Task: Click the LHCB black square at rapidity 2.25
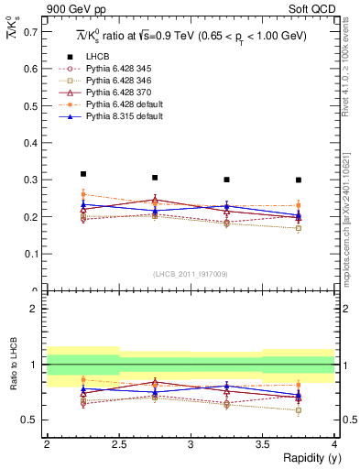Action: (83, 173)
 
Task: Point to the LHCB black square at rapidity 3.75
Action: (299, 180)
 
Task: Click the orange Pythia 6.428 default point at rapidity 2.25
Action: (83, 194)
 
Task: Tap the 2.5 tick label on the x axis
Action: (118, 444)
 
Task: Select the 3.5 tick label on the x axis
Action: (262, 444)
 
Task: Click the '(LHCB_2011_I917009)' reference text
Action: (191, 274)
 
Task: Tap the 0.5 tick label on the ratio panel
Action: (35, 420)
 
